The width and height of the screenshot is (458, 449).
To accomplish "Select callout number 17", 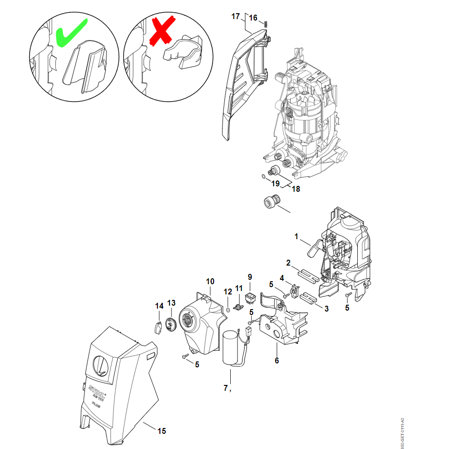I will (236, 16).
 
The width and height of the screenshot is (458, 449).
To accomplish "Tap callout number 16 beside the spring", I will (253, 18).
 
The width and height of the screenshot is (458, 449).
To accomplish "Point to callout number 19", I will (276, 183).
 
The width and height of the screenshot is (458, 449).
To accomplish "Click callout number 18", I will (296, 189).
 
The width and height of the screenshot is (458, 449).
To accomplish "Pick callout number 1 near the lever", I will (296, 236).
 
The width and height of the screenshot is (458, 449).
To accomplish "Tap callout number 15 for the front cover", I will (162, 431).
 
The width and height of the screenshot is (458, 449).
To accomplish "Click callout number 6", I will (277, 360).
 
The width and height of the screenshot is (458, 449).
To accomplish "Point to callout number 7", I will (225, 388).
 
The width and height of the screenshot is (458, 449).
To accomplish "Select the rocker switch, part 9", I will (250, 296).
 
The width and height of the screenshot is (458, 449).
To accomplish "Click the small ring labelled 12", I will (228, 309).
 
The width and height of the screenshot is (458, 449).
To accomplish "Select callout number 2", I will (288, 263).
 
